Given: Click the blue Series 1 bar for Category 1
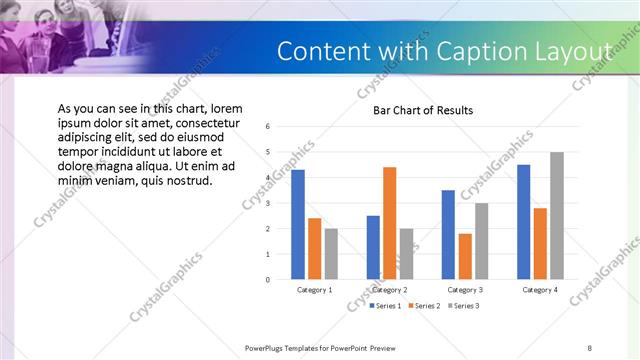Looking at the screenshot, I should click(298, 225).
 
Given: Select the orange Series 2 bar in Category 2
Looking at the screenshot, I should click(389, 223).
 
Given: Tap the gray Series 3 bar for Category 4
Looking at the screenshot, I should click(557, 216).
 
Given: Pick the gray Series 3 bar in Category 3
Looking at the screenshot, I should click(481, 241).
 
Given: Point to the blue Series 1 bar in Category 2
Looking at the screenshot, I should click(373, 247).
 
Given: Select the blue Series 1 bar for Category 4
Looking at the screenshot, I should click(524, 222).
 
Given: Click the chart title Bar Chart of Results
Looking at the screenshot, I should click(423, 110).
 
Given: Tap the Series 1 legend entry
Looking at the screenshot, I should click(384, 306).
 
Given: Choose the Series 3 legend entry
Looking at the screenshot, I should click(464, 306).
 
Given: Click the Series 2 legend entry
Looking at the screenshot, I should click(424, 306).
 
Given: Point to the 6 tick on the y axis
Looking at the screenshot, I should click(268, 126).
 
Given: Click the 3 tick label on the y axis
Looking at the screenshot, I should click(268, 203).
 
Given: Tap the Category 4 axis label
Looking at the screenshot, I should click(540, 289).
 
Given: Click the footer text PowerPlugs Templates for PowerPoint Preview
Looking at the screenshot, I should click(320, 347).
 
